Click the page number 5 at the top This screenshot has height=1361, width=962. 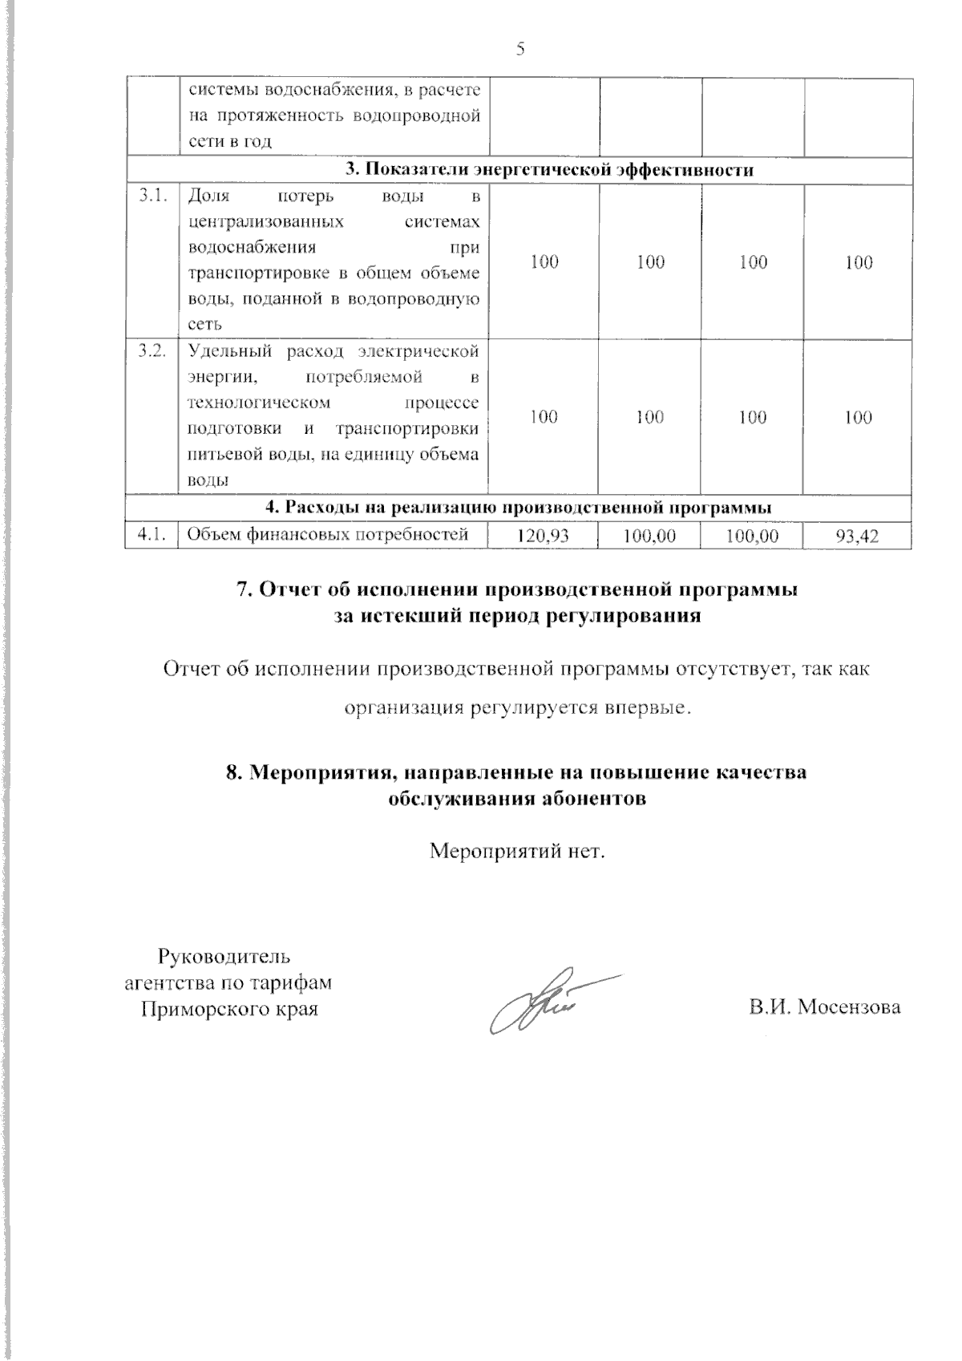pos(520,50)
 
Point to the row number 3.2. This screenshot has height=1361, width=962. pos(151,351)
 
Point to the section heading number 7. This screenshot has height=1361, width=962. pos(244,590)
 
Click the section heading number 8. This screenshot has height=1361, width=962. pos(233,773)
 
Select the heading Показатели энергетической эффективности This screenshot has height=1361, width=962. pos(549,170)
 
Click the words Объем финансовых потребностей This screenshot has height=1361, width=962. pos(327,534)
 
